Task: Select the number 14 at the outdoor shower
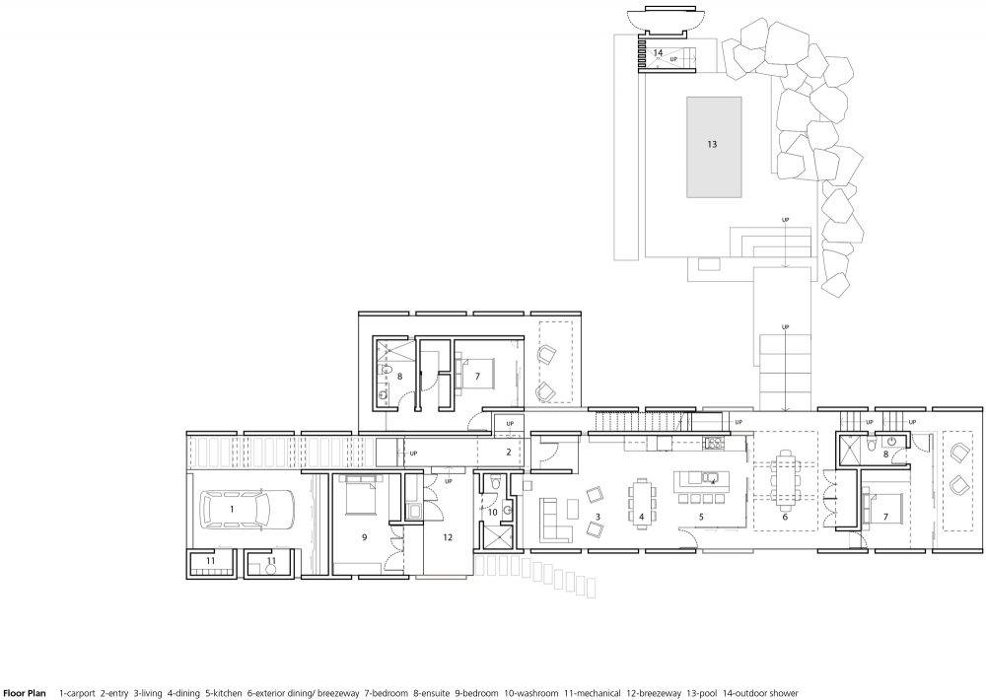pos(658,53)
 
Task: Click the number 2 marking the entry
pos(509,452)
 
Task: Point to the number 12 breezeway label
pos(447,537)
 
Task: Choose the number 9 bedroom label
pos(364,537)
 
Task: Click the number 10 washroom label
pos(492,512)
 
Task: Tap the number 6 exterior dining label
pos(784,517)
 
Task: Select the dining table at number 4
pos(642,500)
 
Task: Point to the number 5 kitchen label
pos(701,517)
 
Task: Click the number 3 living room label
pos(598,517)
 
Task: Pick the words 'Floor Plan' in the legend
pos(26,693)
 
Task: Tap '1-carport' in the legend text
pos(77,693)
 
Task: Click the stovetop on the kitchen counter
pos(714,444)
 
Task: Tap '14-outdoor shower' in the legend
pos(760,693)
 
